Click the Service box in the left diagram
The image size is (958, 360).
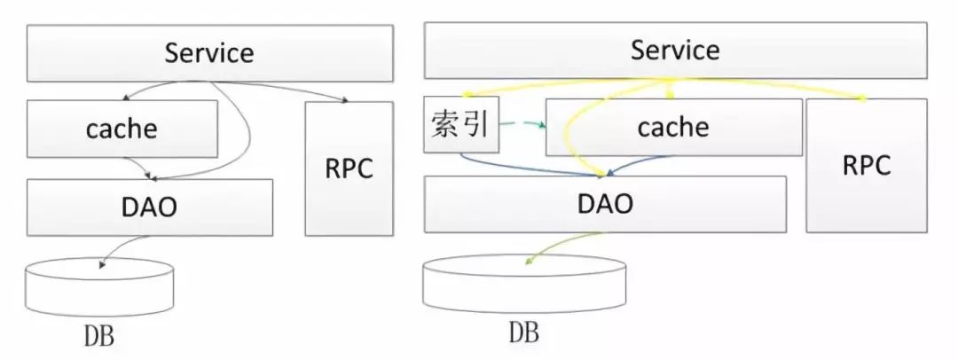(x=209, y=53)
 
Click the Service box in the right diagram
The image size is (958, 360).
(x=674, y=51)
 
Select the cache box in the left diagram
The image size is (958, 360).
(x=122, y=129)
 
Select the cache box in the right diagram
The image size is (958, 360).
(x=673, y=128)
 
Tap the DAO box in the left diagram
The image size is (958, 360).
(x=149, y=207)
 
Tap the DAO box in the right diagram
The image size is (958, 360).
(x=605, y=205)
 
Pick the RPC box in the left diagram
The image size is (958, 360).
(x=348, y=168)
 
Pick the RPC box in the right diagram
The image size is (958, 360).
(x=865, y=165)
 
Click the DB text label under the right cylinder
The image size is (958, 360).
(x=524, y=333)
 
